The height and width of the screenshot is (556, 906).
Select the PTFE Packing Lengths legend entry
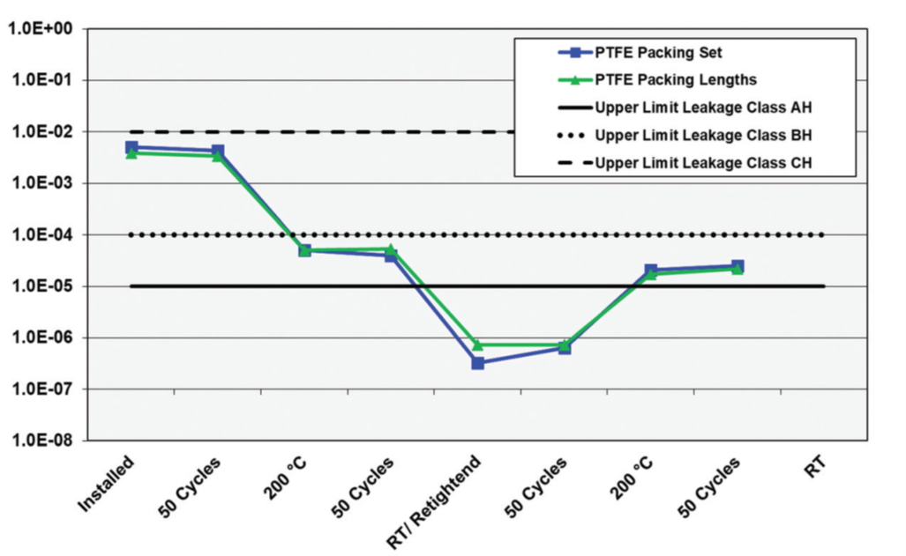click(676, 80)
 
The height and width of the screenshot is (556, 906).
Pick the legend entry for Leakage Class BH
click(703, 136)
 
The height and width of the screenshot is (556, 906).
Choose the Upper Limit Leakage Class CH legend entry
click(703, 163)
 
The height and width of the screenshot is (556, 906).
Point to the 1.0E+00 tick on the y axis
click(43, 29)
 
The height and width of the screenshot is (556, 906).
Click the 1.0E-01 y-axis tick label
click(43, 80)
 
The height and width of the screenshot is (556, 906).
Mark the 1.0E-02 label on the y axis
click(43, 132)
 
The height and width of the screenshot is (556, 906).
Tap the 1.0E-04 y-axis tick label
click(43, 235)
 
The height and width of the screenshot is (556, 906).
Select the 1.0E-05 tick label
click(43, 286)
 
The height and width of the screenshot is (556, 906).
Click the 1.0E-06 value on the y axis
click(43, 338)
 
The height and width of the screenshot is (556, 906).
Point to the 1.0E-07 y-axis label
click(43, 389)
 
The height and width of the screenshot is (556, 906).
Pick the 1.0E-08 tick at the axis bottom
click(43, 441)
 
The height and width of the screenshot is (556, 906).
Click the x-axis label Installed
click(106, 484)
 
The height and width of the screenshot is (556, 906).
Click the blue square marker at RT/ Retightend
click(477, 363)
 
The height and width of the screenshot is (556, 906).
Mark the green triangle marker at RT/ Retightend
click(477, 345)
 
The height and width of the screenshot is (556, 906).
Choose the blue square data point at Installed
click(131, 147)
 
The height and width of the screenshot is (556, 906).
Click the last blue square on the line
click(738, 266)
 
